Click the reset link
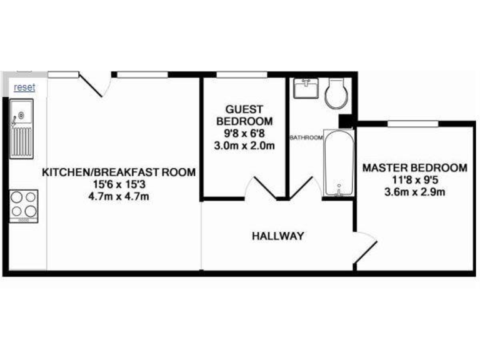coord(24,87)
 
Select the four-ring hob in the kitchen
coord(24,204)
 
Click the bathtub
coord(338,164)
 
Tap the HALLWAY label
coord(277,236)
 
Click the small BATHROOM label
coord(306,137)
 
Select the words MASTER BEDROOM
coord(414,167)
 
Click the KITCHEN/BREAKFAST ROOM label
coord(118,172)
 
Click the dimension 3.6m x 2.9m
coord(414,192)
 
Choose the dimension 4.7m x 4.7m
coord(118,196)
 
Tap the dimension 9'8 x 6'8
coord(244,133)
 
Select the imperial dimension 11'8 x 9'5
coord(414,180)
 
